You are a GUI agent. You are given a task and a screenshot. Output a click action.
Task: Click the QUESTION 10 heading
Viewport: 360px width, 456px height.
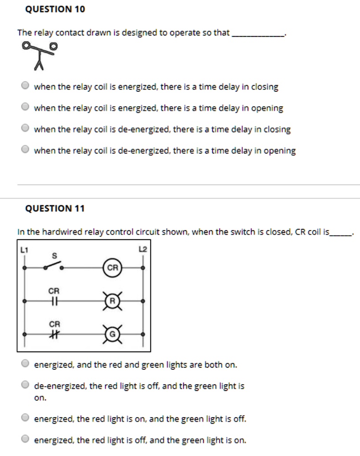coord(55,9)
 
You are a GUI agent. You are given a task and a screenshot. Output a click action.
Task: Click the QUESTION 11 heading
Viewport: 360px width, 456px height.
coord(55,208)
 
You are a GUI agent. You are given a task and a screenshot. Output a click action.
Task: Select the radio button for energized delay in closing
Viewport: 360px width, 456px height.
coord(26,86)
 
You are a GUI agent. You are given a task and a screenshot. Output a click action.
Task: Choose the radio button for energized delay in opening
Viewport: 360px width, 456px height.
coord(26,108)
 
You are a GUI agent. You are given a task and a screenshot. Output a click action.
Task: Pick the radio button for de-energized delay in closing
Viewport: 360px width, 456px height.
coord(26,129)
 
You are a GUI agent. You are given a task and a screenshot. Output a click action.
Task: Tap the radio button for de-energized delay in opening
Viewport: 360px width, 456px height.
coord(26,151)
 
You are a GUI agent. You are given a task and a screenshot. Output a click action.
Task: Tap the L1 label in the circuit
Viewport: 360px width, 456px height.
coord(24,250)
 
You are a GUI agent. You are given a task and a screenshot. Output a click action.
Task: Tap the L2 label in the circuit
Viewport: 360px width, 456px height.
coord(143,250)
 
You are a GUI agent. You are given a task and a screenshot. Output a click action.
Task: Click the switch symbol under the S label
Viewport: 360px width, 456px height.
coord(53,266)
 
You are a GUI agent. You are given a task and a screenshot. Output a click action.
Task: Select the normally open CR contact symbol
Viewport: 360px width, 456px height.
coord(54,301)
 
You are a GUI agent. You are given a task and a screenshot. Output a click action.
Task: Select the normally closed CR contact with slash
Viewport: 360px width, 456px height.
coord(54,334)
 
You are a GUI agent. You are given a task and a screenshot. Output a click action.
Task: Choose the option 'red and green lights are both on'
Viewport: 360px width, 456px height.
coord(26,364)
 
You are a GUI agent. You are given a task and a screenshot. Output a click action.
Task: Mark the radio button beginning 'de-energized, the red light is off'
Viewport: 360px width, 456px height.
coord(26,386)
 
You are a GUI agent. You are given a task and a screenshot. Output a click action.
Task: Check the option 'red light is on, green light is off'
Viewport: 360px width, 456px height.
coord(26,419)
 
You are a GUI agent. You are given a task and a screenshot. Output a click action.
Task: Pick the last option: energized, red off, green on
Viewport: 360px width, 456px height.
coord(26,440)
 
